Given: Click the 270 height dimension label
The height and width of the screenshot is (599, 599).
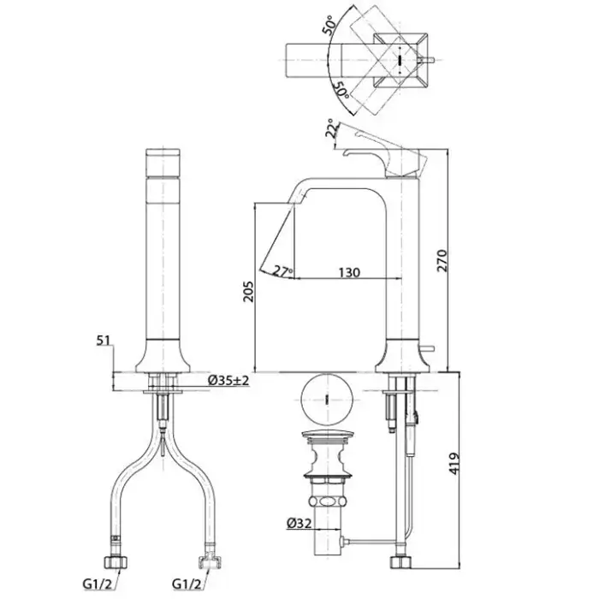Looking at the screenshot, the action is tap(442, 260).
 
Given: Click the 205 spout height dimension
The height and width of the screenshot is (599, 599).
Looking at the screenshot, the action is tap(249, 292).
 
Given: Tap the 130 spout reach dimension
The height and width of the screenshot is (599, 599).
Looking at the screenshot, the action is tap(349, 272).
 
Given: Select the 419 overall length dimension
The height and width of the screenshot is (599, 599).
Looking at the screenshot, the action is tap(454, 464).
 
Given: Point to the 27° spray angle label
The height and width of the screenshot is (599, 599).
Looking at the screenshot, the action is tap(283, 271).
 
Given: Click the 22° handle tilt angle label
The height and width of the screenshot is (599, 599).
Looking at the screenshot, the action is tap(332, 129).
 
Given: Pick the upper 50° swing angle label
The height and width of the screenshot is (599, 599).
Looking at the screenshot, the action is tap(331, 26).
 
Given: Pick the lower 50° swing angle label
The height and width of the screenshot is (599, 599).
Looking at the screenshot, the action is tap(341, 90).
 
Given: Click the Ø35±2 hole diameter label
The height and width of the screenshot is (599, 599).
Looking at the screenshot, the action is tap(228, 380).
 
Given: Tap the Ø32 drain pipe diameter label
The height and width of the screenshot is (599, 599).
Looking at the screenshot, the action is tap(299, 524).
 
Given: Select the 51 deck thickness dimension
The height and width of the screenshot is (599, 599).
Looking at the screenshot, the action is tap(103, 340).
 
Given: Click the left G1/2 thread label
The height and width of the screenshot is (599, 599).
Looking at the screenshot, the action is tap(98, 584).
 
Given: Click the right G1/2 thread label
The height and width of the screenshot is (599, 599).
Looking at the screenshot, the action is tap(187, 584).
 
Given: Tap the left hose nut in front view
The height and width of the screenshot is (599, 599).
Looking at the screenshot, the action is tap(116, 562).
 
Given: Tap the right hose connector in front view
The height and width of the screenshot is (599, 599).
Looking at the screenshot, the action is tap(210, 560).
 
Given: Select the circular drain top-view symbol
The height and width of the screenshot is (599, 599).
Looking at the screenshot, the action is tap(327, 400).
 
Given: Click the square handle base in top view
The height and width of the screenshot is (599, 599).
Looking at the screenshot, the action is tap(400, 60).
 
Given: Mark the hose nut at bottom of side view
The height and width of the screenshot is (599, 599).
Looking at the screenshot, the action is tap(400, 563).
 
